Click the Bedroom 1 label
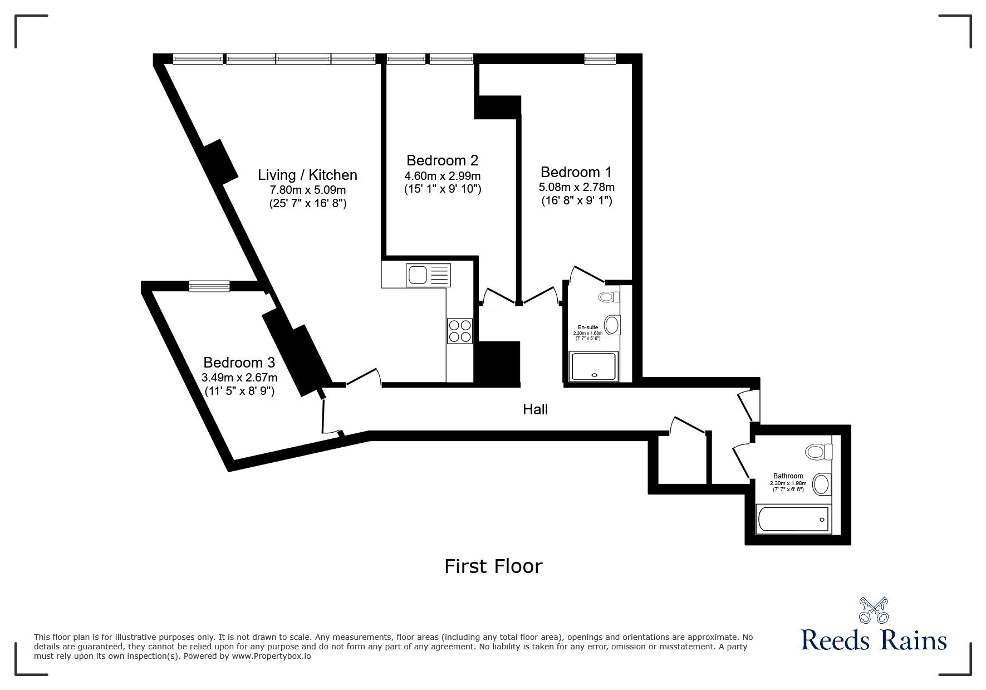[576, 172]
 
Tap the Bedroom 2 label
[442, 160]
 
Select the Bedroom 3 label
[239, 363]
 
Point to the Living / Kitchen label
[307, 175]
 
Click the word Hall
[535, 410]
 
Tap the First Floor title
[493, 566]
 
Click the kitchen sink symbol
[428, 275]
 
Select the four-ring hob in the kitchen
[459, 331]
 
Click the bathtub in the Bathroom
[793, 519]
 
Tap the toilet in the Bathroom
[818, 451]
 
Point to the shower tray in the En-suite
[593, 366]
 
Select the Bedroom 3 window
[209, 286]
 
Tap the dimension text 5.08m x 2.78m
[577, 187]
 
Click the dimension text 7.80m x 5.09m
[307, 190]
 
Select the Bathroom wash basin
[820, 484]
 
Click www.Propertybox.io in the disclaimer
[271, 656]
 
